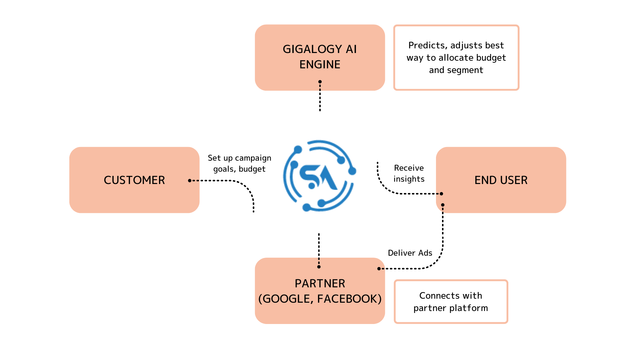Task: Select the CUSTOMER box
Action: click(x=134, y=180)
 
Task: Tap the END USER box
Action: click(x=501, y=180)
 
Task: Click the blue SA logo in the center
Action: click(x=319, y=176)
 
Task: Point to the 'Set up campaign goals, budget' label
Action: click(x=239, y=163)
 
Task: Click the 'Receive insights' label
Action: click(x=409, y=173)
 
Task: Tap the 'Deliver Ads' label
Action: click(x=410, y=253)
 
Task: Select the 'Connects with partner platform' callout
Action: click(x=451, y=302)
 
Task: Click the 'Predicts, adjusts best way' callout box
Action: click(x=456, y=57)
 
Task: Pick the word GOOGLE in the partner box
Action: click(x=286, y=299)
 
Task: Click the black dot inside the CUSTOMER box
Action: click(x=190, y=181)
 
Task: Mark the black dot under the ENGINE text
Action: click(x=320, y=82)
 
